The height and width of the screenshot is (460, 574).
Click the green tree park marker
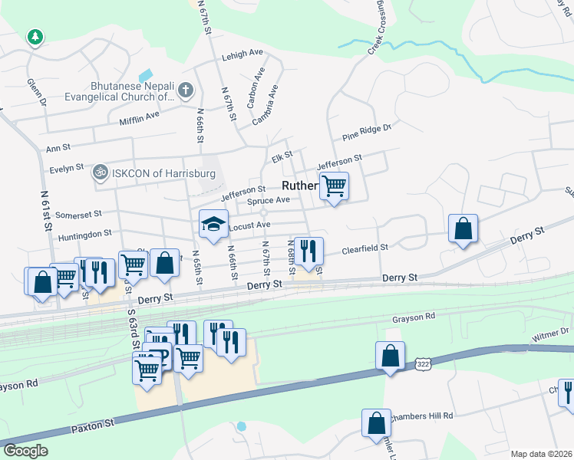(x=35, y=37)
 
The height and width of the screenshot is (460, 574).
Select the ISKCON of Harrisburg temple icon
(x=99, y=173)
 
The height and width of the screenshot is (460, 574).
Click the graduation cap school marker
(x=214, y=223)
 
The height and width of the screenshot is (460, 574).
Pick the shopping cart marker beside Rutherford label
(x=334, y=186)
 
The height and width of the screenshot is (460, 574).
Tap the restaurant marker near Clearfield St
(x=308, y=251)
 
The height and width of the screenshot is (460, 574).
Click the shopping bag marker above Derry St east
(x=463, y=228)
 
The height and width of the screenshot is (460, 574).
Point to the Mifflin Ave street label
(x=139, y=118)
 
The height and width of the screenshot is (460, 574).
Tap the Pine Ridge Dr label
(x=367, y=132)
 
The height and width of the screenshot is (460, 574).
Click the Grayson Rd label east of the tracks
(x=414, y=315)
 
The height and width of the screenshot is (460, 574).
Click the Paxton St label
(x=93, y=422)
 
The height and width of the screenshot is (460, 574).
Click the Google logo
(x=25, y=451)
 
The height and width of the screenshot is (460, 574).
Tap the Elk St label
(x=282, y=157)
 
